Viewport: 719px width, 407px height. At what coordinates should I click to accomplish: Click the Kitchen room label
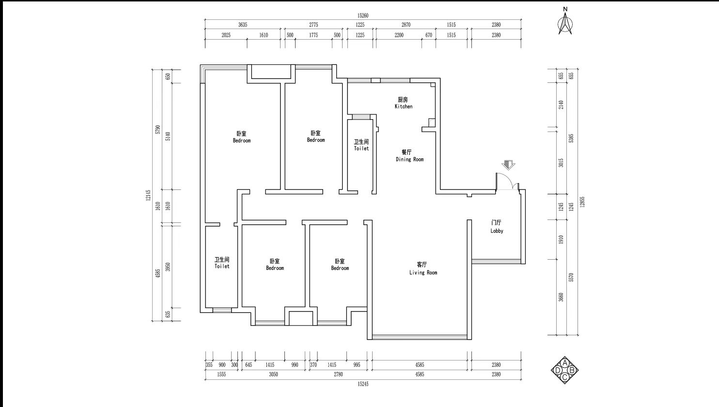(x=403, y=103)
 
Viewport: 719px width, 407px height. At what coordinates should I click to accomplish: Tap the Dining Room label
(x=409, y=156)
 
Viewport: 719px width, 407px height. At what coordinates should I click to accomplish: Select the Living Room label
(x=423, y=268)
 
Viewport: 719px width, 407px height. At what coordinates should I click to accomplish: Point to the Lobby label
(x=497, y=227)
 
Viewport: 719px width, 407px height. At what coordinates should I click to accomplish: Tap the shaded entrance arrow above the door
(x=508, y=165)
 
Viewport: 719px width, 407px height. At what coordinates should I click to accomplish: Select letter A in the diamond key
(x=565, y=363)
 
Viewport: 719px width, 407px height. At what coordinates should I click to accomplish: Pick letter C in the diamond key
(x=565, y=377)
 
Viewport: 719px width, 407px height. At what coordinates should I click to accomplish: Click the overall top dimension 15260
(x=363, y=16)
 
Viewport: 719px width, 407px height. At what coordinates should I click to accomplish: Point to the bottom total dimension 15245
(x=363, y=384)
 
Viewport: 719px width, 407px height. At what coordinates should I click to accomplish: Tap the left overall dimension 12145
(x=148, y=195)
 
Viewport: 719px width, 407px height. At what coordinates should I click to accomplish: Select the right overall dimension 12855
(x=582, y=202)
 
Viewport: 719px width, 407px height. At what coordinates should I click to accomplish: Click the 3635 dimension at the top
(x=243, y=25)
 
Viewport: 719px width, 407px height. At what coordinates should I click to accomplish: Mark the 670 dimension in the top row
(x=429, y=35)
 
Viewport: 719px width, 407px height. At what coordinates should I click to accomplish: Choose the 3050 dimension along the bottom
(x=273, y=374)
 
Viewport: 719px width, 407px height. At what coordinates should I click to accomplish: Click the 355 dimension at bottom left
(x=209, y=365)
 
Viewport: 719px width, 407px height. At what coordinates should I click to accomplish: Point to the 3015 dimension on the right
(x=561, y=163)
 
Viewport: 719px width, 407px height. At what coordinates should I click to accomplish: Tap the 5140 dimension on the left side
(x=168, y=137)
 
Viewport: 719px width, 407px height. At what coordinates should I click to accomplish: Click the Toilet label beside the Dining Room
(x=361, y=145)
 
